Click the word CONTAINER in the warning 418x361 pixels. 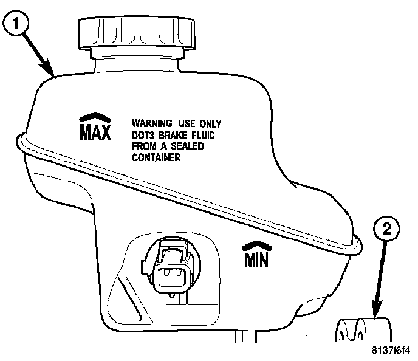pyautogui.click(x=157, y=157)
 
